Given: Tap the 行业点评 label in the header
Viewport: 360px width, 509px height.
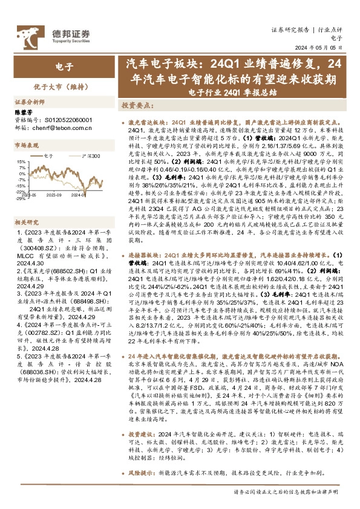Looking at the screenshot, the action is point(330,29).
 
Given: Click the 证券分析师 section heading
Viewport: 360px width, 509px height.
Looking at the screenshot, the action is point(29,103).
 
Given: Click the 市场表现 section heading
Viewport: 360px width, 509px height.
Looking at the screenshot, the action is point(27,146).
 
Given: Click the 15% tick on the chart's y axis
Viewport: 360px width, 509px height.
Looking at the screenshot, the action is point(21,162).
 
